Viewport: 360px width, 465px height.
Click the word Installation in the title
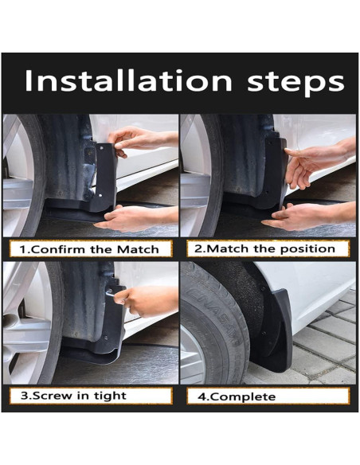point(128,81)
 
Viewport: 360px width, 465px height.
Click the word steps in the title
point(295,83)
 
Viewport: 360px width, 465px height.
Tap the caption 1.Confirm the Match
point(89,249)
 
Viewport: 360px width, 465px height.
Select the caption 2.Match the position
point(264,248)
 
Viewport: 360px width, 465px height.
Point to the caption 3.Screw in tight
point(73,396)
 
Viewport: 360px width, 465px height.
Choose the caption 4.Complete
point(237,397)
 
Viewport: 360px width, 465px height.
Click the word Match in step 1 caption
point(139,249)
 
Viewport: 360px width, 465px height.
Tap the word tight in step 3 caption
point(110,396)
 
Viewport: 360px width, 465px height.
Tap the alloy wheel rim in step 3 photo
point(28,323)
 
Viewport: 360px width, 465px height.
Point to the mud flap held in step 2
point(276,172)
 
